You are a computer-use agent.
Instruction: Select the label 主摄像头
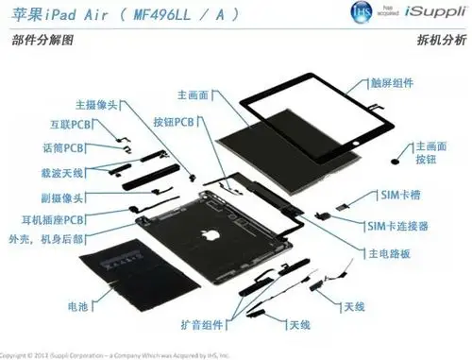(96, 105)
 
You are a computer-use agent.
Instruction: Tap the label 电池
(78, 306)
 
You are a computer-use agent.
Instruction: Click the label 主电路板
(383, 254)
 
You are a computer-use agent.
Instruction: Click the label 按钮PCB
(173, 123)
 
